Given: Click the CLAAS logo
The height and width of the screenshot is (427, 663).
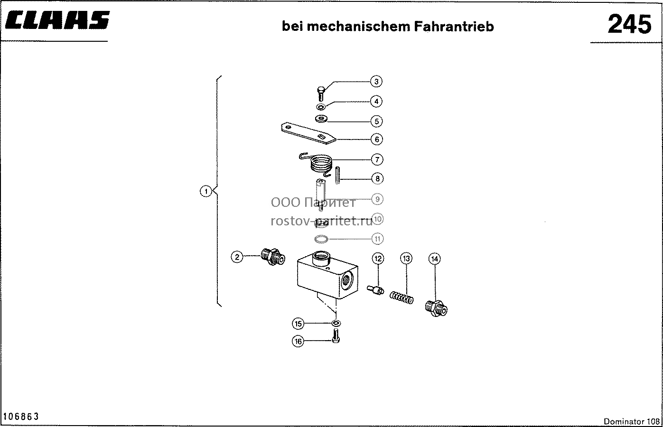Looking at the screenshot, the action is coord(57,20).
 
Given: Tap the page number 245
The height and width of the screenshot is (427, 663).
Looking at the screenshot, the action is coord(629,24).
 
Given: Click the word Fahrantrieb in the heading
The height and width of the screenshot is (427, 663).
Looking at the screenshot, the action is coord(454,27).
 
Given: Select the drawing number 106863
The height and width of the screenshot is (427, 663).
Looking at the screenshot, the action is coord(21,417).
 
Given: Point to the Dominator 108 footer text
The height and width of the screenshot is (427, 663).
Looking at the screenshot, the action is coord(632,421).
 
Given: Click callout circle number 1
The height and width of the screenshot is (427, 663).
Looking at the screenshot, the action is coord(206,191).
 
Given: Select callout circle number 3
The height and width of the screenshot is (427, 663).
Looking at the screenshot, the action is coord(376,82).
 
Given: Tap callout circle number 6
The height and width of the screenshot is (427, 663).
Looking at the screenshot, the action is coord(377,139).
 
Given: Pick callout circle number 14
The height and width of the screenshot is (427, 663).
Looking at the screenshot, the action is coord(435,259).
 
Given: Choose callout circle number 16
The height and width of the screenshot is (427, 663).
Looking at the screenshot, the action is coord(298,341).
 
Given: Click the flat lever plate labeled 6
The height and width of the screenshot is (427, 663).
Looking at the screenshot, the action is coord(308,133).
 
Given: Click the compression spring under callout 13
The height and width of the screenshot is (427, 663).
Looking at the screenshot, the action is coord(402,298).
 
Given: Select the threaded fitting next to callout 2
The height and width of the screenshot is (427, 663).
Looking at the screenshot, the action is coord(273,257).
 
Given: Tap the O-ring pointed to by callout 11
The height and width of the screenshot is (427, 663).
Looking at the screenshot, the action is coord(321,239).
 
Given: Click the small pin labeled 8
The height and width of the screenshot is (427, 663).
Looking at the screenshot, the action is coord(337,176).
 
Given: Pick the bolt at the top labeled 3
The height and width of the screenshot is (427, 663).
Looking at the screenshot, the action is coord(321,93).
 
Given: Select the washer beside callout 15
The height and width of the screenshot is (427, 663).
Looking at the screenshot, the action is coord(336,323).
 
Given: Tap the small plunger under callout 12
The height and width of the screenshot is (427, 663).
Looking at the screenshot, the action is coord(375,289).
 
